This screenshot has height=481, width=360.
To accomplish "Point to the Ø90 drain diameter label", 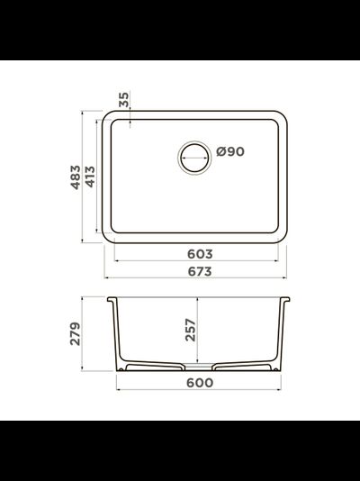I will point(230,152).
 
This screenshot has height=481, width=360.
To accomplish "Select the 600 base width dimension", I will point(199,383).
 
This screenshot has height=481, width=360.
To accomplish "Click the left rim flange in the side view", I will point(110,298).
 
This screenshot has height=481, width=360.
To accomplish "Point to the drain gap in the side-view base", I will point(200,368).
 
